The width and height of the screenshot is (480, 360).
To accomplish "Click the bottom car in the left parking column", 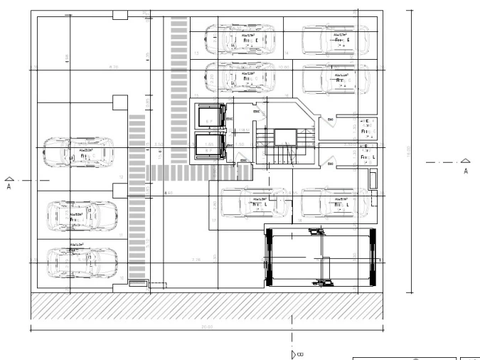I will coord(81,261).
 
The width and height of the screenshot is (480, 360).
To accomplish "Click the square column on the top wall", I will coord(119,14).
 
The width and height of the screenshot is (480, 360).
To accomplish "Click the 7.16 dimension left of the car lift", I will coord(196,260).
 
